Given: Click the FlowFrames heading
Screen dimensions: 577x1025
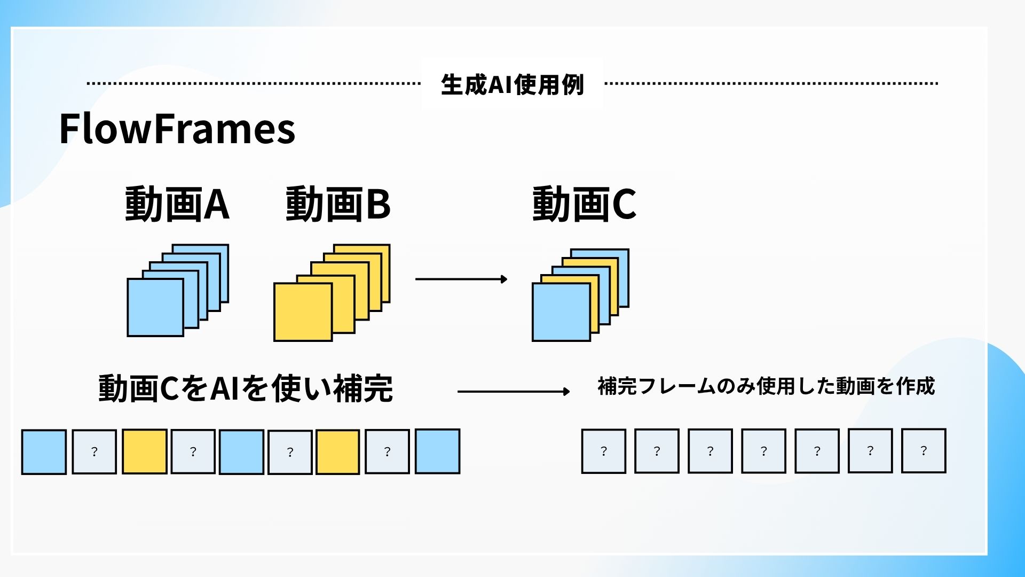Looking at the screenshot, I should pyautogui.click(x=177, y=129).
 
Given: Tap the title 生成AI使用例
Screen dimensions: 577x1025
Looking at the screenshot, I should pyautogui.click(x=512, y=84).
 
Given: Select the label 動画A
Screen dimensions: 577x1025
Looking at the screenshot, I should pyautogui.click(x=177, y=204).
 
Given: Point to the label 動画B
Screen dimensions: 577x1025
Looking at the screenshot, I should pyautogui.click(x=338, y=204).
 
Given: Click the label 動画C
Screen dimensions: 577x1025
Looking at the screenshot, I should pyautogui.click(x=584, y=204).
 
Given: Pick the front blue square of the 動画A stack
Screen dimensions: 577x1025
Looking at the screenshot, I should pyautogui.click(x=155, y=308).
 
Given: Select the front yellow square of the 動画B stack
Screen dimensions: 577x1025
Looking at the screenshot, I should pyautogui.click(x=303, y=312).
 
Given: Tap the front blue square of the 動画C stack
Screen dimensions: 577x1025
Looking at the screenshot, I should pyautogui.click(x=561, y=313).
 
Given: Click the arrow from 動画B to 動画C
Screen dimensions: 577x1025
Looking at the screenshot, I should pyautogui.click(x=461, y=279).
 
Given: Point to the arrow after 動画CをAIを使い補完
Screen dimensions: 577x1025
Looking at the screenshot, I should pyautogui.click(x=513, y=392).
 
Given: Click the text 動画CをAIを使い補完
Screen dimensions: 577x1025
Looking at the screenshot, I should pyautogui.click(x=246, y=388).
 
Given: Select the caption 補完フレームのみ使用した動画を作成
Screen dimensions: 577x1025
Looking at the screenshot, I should pyautogui.click(x=766, y=386).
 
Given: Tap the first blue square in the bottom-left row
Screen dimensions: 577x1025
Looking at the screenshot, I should pyautogui.click(x=44, y=452).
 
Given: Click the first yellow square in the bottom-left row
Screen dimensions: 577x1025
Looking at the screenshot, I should pyautogui.click(x=144, y=452).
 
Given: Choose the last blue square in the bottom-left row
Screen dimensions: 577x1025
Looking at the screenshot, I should pyautogui.click(x=437, y=451).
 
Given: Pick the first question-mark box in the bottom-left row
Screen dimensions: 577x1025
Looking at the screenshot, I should pyautogui.click(x=94, y=452).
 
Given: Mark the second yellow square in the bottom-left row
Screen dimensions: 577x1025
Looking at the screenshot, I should pyautogui.click(x=337, y=452).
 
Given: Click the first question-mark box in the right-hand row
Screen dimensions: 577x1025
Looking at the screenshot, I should pyautogui.click(x=603, y=451).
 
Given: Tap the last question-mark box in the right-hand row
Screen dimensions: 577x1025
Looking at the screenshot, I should pyautogui.click(x=924, y=451).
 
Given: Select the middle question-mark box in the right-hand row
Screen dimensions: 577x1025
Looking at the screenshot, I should pyautogui.click(x=763, y=451).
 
